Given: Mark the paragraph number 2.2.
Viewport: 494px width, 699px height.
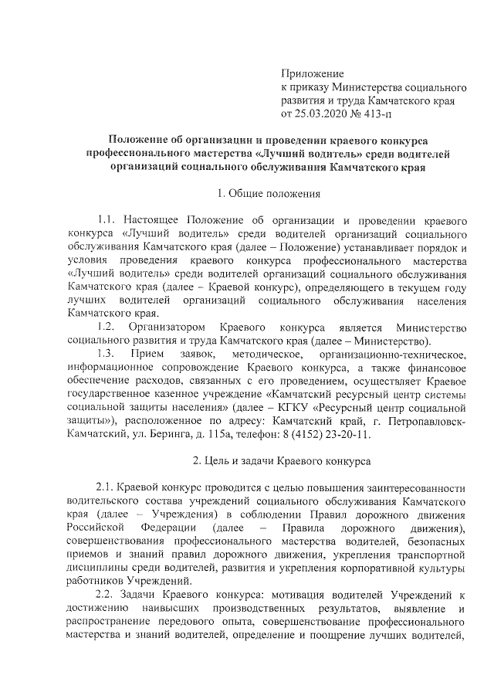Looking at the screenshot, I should point(106,596).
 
